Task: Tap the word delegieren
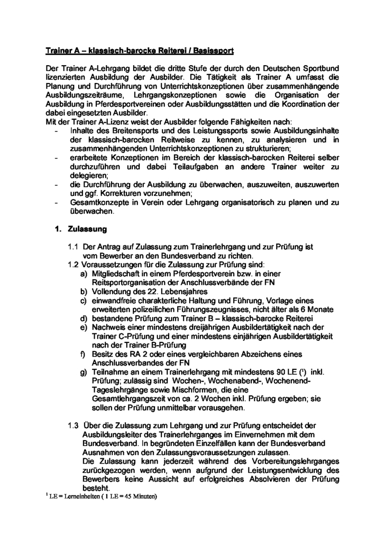coord(89,175)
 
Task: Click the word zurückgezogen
coord(108,470)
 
